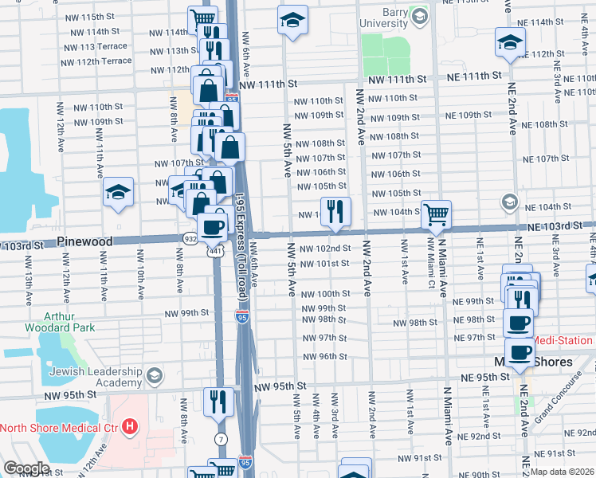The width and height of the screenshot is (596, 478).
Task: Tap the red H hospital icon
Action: pos(130,428)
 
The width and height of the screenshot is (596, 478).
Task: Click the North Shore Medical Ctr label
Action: pos(60,428)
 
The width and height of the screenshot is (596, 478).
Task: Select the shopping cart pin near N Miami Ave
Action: pos(436,214)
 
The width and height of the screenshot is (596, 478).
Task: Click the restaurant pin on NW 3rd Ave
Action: pos(335,212)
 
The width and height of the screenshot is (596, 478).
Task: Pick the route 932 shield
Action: pos(190,237)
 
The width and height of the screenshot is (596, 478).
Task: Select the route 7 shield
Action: pos(221,440)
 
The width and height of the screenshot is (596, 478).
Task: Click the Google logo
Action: pos(26,468)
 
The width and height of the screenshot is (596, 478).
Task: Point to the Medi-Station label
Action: pos(563,340)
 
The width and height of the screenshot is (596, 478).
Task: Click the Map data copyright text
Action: pos(562,472)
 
